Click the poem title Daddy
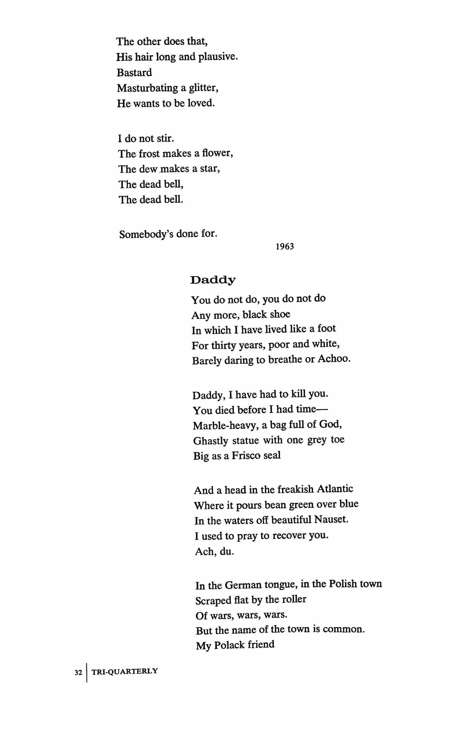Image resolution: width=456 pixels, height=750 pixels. click(x=213, y=280)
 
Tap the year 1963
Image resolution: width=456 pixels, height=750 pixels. click(x=285, y=246)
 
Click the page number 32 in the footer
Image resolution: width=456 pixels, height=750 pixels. click(x=78, y=672)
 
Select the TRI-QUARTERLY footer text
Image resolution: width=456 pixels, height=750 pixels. click(x=125, y=671)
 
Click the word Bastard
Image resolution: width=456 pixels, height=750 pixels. click(x=134, y=73)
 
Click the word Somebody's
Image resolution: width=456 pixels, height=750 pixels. click(x=146, y=234)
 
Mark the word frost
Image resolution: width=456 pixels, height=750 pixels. click(x=149, y=154)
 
